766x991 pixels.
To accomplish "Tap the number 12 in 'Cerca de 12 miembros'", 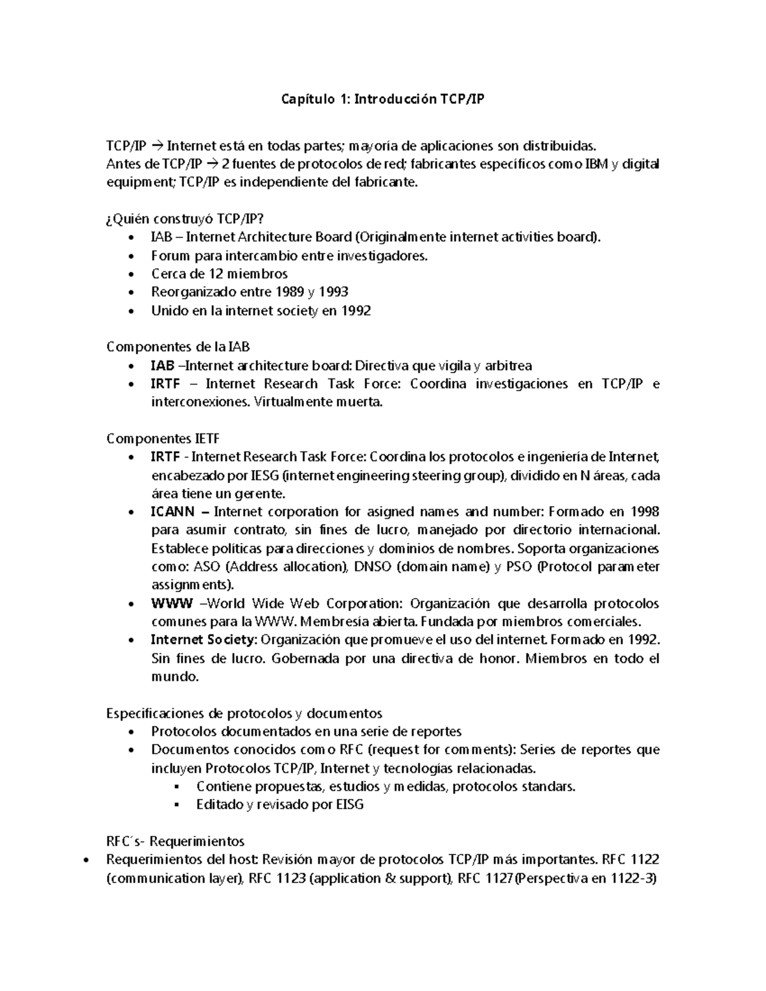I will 216,274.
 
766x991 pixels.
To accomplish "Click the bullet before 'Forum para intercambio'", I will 131,257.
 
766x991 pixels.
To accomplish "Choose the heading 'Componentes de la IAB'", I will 177,347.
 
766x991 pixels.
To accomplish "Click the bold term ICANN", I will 172,512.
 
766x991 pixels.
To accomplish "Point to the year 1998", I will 645,512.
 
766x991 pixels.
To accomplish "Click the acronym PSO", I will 518,567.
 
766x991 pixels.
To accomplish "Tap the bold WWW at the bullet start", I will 171,604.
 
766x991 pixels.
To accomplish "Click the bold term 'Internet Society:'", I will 204,640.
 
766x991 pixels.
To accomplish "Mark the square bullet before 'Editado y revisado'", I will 177,805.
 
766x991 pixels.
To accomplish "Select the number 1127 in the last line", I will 497,878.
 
